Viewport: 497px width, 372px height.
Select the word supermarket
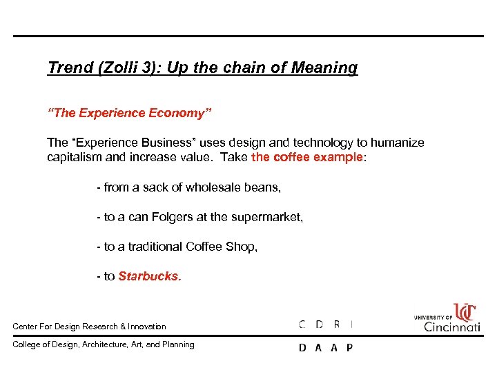pos(265,217)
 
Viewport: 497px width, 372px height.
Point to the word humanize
pos(398,143)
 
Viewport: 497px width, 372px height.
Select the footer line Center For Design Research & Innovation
pos(90,326)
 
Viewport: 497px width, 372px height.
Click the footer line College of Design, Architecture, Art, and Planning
pos(104,344)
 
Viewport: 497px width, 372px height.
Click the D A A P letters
pos(326,348)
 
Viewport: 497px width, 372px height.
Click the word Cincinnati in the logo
pos(451,326)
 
